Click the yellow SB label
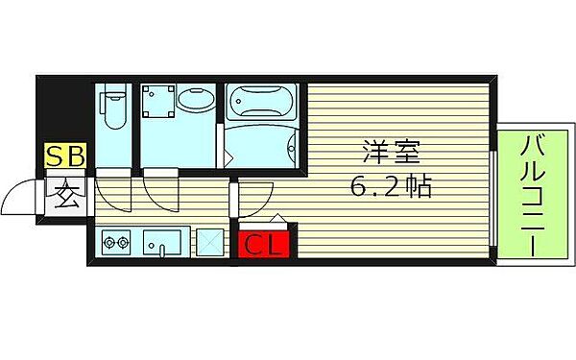(x=65, y=155)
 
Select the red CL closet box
(x=262, y=245)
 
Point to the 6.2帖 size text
(x=388, y=186)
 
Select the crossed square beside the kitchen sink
(x=209, y=243)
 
